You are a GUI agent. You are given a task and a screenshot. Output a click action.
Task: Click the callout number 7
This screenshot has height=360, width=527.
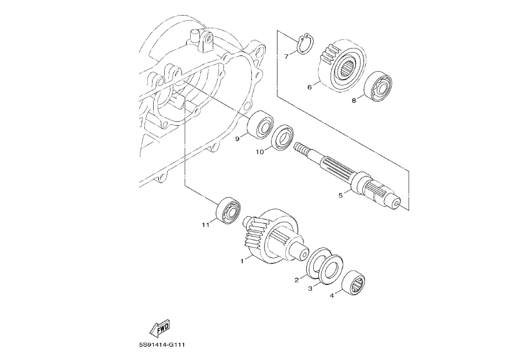click(286, 56)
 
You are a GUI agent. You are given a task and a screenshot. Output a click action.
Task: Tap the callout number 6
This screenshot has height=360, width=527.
click(310, 87)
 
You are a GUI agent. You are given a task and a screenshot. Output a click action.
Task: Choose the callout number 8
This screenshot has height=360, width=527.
click(354, 101)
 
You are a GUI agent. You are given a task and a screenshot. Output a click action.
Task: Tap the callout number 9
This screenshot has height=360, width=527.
click(237, 138)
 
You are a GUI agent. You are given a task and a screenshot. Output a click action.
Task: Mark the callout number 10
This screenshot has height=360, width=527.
click(261, 153)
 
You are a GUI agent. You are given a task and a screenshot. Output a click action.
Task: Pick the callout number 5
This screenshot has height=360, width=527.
click(340, 195)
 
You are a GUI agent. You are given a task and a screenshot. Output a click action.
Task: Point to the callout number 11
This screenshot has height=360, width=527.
click(205, 225)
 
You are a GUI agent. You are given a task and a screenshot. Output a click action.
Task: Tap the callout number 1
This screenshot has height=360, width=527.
click(242, 261)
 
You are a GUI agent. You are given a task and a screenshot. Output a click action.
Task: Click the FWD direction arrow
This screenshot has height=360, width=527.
click(159, 328)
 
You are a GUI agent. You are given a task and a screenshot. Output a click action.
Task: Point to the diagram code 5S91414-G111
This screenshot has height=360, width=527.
click(165, 346)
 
